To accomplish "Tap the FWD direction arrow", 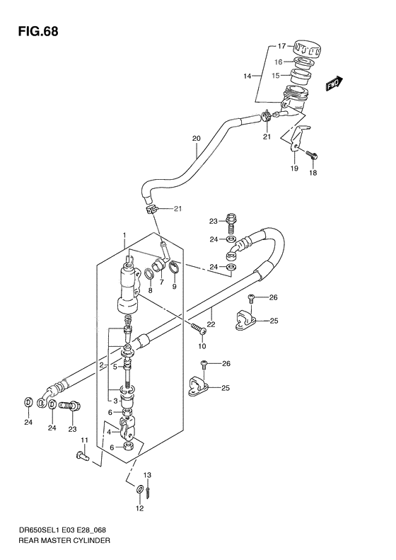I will [x=334, y=84].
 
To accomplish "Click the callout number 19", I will [x=294, y=170].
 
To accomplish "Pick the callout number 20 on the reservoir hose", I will [x=196, y=138].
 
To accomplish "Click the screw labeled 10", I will [x=196, y=326].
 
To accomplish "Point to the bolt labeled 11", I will [x=79, y=457].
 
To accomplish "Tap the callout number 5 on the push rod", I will [x=114, y=366].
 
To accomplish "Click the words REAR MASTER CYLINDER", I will [x=65, y=539].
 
